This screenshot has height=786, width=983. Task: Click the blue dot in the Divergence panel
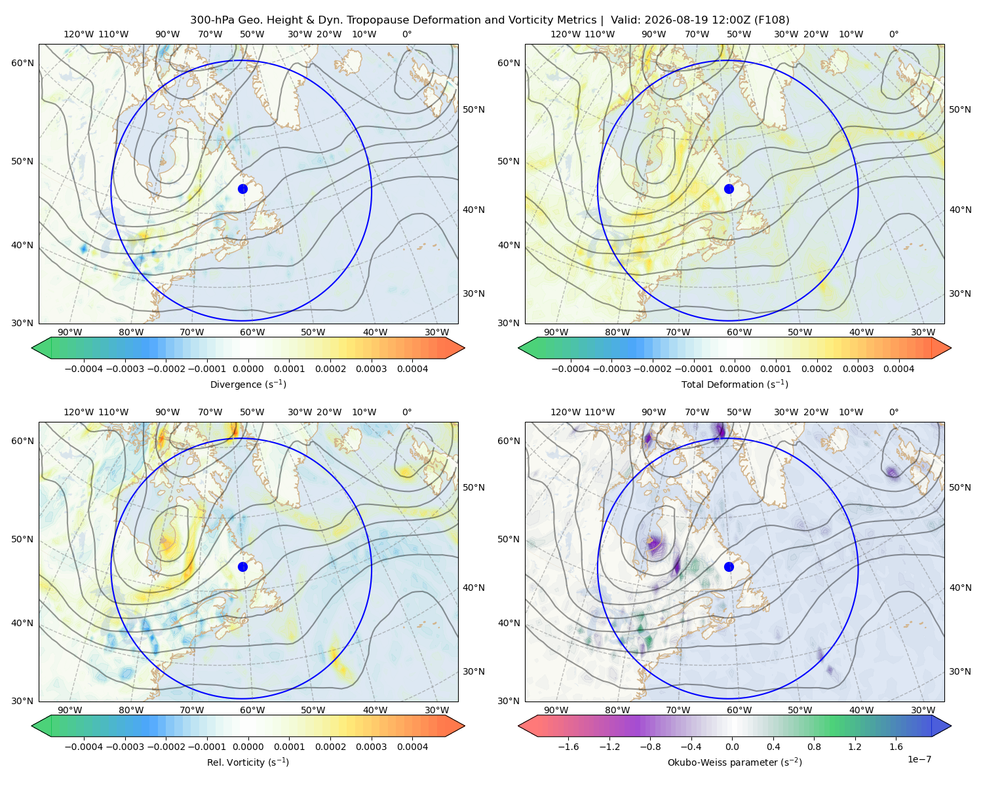point(242,189)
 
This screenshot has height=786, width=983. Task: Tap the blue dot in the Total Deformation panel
point(729,189)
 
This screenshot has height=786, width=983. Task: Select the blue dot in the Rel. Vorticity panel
point(242,567)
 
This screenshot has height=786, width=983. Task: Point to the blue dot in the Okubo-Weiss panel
point(729,567)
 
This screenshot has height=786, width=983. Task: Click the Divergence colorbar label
point(248,384)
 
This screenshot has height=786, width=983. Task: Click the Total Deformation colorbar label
point(735,384)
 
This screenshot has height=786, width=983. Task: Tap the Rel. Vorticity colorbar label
point(248,762)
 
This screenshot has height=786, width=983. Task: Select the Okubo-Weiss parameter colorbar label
point(735,762)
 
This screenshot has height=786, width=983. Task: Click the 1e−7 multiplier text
point(919,759)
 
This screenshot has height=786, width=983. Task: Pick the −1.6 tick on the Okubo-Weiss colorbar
point(568,747)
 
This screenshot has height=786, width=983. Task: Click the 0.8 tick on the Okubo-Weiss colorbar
point(814,747)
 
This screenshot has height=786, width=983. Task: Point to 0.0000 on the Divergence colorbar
point(248,369)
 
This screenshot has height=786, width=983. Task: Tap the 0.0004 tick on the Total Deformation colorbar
point(898,369)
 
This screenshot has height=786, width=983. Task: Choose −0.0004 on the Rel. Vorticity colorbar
point(84,747)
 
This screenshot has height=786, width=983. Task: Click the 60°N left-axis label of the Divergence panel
point(22,63)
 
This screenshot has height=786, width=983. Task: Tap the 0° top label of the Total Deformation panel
point(893,34)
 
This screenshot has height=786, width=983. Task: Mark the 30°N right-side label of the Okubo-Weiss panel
point(959,671)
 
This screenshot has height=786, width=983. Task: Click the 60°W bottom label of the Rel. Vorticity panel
point(252,710)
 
